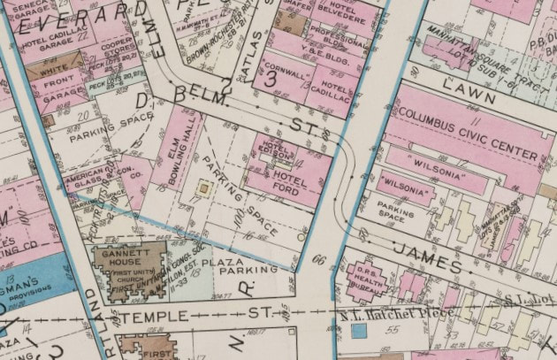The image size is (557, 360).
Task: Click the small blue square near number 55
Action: coord(358,331)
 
